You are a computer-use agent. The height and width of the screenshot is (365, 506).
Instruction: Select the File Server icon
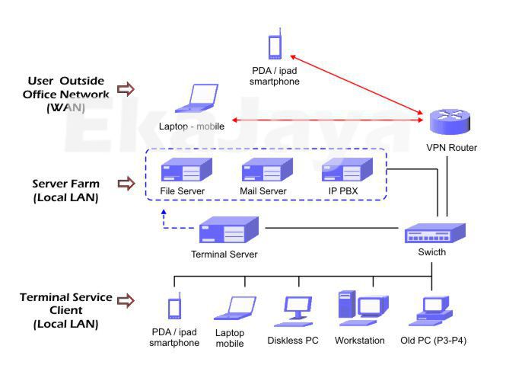182,170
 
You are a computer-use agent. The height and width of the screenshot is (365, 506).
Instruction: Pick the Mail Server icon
263,170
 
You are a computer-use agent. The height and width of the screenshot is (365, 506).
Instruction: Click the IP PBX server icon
343,170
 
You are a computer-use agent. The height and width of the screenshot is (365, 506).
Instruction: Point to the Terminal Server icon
229,229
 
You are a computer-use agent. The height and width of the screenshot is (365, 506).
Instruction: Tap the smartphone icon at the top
275,45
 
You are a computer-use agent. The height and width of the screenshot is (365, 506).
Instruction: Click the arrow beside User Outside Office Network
126,90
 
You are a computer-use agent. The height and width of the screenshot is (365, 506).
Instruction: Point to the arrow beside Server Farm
126,184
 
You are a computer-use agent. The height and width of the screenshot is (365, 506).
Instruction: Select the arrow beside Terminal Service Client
126,301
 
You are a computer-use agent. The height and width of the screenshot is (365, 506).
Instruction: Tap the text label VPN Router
452,148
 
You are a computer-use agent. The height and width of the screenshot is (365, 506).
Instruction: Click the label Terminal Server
224,255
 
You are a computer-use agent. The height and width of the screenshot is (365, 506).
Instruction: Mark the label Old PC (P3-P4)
433,340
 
